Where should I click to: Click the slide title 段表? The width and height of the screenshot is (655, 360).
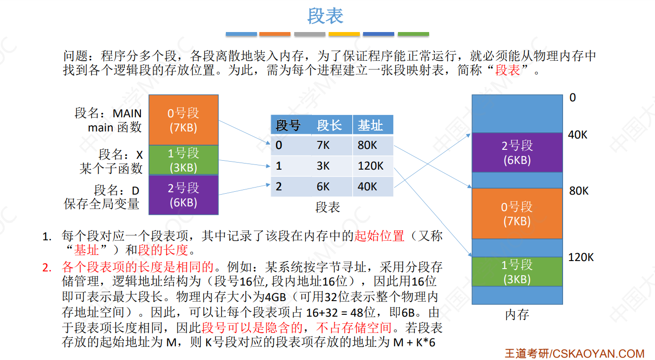325,16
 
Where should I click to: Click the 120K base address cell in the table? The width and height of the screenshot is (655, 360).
371,166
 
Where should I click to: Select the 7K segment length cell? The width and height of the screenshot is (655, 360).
323,145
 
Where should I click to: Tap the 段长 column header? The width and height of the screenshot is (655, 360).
329,125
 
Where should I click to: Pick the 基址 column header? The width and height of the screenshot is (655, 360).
370,125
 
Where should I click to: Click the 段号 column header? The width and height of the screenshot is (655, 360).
288,125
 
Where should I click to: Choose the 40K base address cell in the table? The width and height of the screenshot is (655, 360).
367,187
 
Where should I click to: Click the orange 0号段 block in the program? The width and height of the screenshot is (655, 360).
183,120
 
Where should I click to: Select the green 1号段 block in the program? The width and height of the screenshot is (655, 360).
183,160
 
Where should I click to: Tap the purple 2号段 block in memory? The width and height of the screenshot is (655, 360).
517,152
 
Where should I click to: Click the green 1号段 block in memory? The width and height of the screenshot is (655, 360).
517,271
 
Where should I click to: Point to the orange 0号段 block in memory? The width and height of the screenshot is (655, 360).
517,213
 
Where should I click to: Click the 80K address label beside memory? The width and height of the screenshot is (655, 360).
579,191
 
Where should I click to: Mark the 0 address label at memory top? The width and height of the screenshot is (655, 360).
572,98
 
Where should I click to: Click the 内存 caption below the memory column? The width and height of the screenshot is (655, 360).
517,315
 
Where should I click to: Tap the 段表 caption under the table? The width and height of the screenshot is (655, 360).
328,207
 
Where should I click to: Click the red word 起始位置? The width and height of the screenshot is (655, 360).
380,236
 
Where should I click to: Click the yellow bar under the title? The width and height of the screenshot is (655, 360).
344,34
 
